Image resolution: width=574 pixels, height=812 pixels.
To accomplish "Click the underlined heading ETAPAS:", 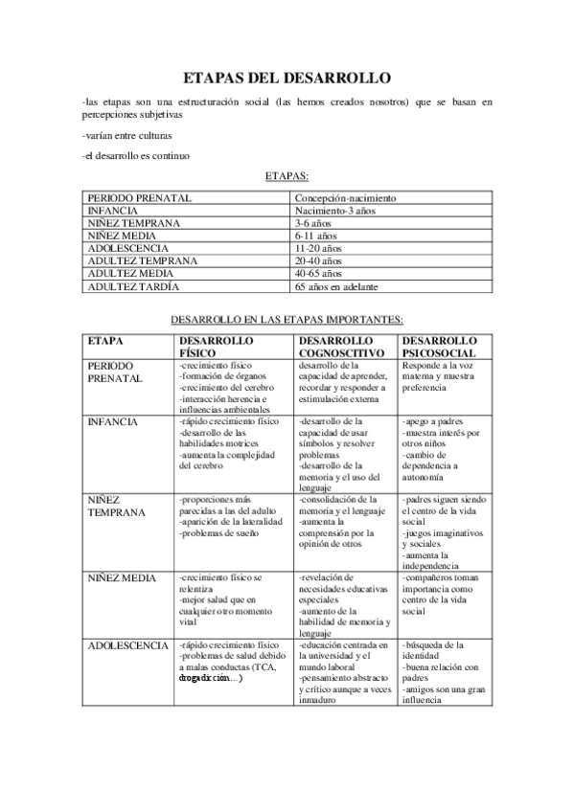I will [287, 176].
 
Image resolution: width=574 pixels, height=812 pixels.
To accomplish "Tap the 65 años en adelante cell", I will [336, 286].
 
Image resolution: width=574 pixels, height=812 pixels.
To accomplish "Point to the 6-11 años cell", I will [316, 236].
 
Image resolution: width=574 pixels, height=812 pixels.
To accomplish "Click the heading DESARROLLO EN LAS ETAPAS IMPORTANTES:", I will [287, 319].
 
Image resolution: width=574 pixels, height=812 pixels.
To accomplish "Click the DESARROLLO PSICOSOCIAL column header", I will [439, 346].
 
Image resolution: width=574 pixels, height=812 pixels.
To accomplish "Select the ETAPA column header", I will [104, 340].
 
